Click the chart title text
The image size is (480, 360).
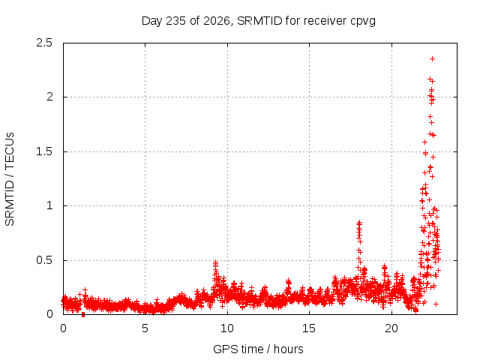[258, 21]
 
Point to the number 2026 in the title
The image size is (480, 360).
[217, 20]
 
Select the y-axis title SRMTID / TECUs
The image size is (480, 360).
[10, 179]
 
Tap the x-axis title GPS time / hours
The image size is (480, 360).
[258, 349]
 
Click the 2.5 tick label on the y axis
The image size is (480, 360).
[44, 43]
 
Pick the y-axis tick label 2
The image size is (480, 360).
[49, 97]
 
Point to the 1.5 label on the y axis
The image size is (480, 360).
[44, 151]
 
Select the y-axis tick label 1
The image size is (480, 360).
[49, 205]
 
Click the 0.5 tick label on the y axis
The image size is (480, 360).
[44, 260]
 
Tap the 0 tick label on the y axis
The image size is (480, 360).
[49, 314]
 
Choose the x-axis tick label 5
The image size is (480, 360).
[145, 328]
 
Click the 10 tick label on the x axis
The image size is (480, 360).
[227, 328]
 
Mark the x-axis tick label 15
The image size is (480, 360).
[309, 328]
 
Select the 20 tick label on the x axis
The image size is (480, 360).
[391, 328]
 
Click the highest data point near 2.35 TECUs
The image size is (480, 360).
[432, 58]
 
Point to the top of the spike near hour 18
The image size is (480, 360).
[359, 222]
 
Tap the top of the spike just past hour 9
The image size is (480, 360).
[216, 262]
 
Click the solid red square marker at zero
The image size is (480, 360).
[83, 315]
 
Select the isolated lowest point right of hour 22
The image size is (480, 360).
[436, 304]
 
